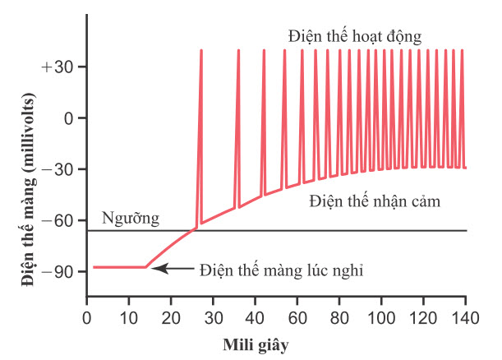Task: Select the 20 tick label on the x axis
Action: click(171, 316)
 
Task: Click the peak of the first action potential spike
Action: click(200, 51)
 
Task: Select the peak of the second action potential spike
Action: click(238, 51)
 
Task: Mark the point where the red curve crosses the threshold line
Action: click(193, 231)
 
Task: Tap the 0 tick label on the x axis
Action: click(86, 316)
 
